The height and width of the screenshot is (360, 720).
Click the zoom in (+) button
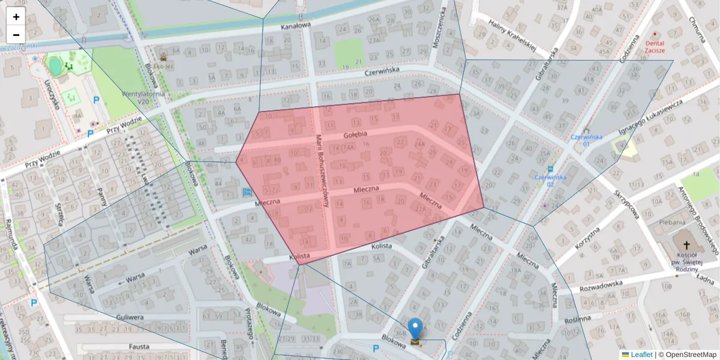coord(16,17)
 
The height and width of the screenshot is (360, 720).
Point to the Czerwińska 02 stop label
coord(550,181)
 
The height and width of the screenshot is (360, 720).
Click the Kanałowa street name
coord(295,26)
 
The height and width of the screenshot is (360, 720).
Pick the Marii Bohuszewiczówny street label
coord(323,171)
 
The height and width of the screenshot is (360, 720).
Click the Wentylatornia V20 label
coord(143,98)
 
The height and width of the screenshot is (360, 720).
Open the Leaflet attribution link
coord(641,355)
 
